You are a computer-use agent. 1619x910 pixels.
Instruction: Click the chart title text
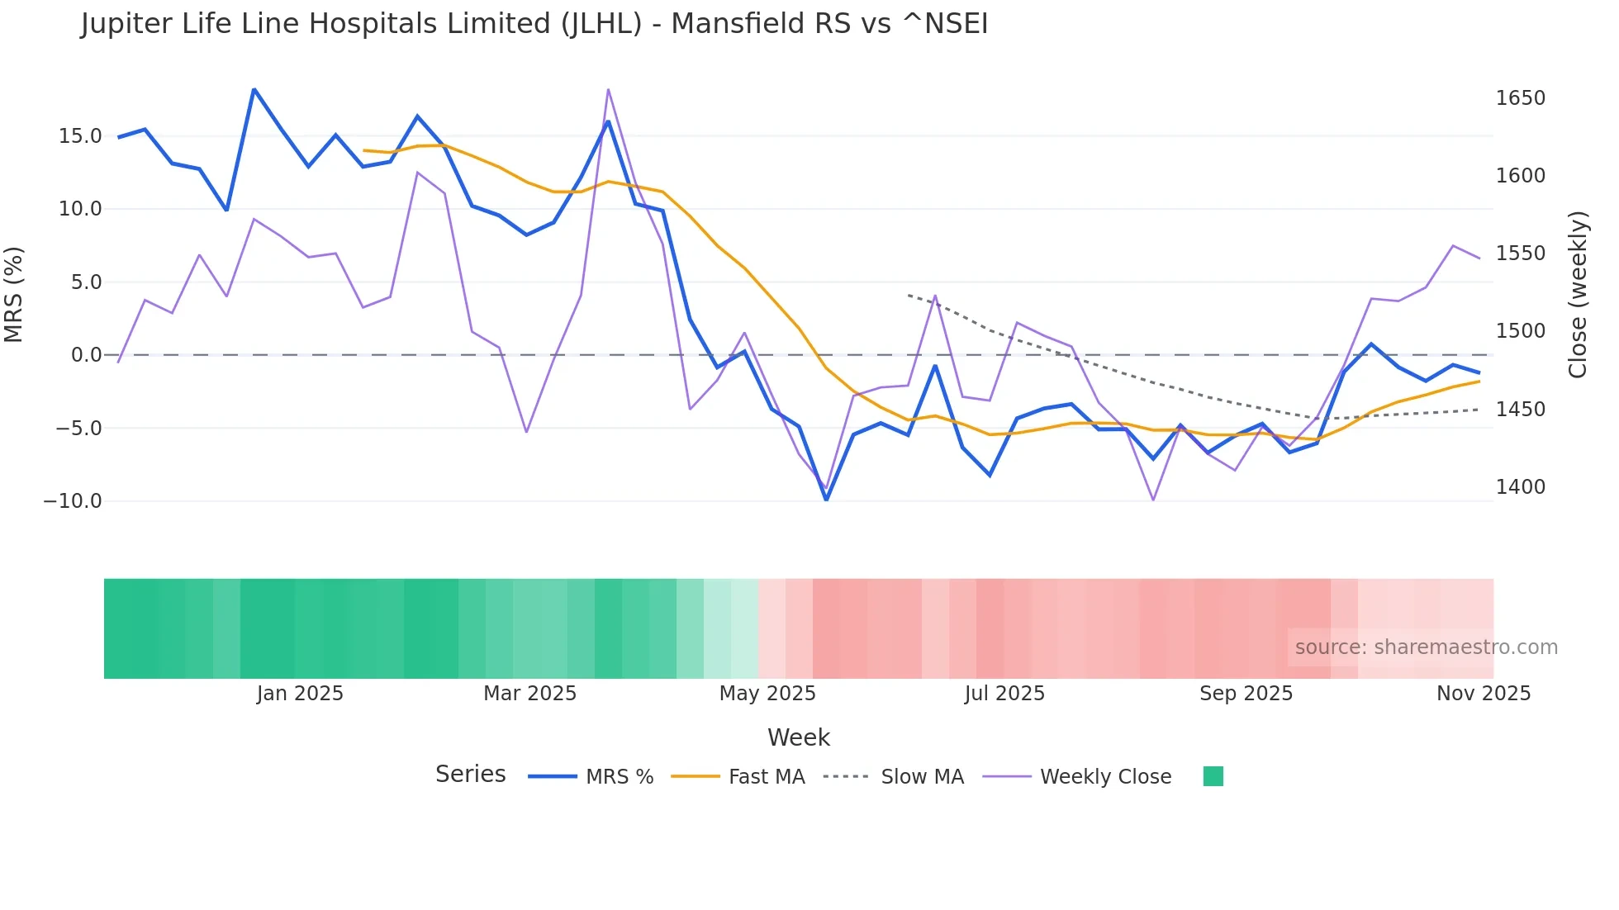534,24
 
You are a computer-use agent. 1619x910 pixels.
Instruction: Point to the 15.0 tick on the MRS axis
80,136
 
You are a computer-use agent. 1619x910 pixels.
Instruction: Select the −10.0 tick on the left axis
73,501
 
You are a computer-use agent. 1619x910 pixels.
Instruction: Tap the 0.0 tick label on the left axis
86,355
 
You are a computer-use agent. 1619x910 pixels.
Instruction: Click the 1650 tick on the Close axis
1520,98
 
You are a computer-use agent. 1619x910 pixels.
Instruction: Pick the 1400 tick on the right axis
1520,487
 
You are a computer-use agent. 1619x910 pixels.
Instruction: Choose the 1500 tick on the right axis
1520,331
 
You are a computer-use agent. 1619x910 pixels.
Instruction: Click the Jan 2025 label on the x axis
300,694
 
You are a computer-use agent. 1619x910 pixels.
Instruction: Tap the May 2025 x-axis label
767,694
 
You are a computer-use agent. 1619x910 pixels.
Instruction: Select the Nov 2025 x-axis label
1483,694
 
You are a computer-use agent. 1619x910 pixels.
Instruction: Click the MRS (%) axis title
14,294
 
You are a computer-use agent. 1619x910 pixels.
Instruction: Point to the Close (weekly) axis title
1578,294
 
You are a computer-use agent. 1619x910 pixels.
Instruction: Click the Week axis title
798,737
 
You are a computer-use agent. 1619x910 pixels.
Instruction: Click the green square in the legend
1213,776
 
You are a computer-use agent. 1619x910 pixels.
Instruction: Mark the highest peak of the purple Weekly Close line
608,89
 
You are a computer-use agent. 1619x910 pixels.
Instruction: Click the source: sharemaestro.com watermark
1426,647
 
